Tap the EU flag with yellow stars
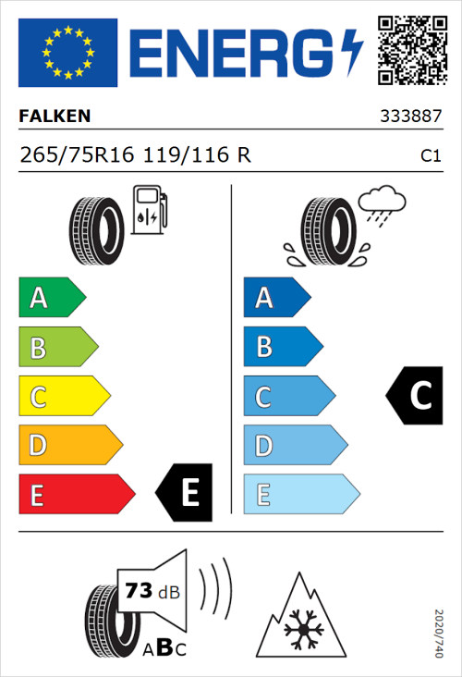pos(67,53)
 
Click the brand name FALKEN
pos(55,117)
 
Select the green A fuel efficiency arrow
pos(51,298)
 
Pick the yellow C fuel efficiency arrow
pos(64,397)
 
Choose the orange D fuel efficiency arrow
pos(69,446)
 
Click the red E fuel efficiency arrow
pos(76,495)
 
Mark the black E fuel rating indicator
pos(186,492)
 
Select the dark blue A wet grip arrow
pos(275,298)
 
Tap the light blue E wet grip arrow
pos(300,495)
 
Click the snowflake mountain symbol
pos(300,616)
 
